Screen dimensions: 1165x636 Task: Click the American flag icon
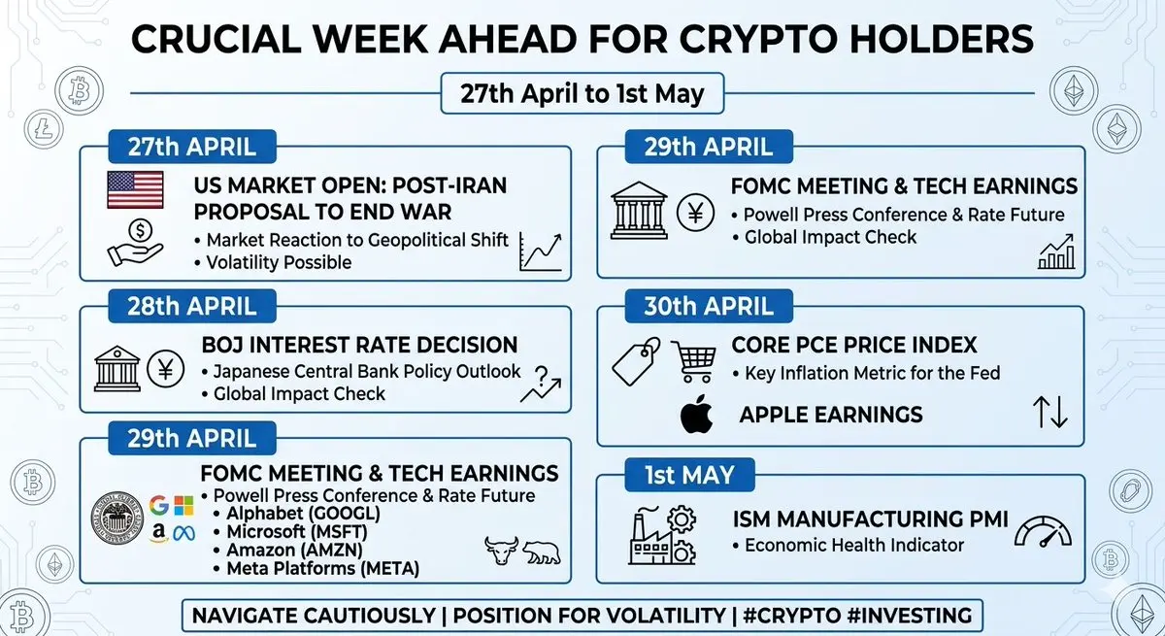pyautogui.click(x=135, y=189)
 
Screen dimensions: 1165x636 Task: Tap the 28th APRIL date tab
pyautogui.click(x=192, y=306)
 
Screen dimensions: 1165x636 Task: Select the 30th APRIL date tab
pyautogui.click(x=709, y=306)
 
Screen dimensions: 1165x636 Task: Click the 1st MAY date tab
pyautogui.click(x=689, y=475)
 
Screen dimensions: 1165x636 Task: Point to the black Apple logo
pyautogui.click(x=696, y=415)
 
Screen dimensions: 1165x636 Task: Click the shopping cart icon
pyautogui.click(x=694, y=361)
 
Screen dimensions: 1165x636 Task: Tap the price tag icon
pyautogui.click(x=636, y=361)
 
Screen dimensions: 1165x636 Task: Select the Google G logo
pyautogui.click(x=158, y=505)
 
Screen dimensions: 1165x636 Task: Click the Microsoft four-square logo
pyautogui.click(x=183, y=506)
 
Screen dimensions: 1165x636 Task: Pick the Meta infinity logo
pyautogui.click(x=183, y=533)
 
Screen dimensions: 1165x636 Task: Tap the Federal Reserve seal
pyautogui.click(x=117, y=518)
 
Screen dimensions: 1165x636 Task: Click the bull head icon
pyautogui.click(x=501, y=551)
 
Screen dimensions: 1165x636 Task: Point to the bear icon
pyautogui.click(x=542, y=552)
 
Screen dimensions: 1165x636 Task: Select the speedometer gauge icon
pyautogui.click(x=1043, y=531)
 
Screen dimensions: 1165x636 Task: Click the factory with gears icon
pyautogui.click(x=662, y=535)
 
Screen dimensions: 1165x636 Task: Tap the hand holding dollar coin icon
pyautogui.click(x=135, y=243)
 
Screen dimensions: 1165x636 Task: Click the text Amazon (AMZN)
pyautogui.click(x=294, y=551)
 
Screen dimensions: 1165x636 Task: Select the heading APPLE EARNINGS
pyautogui.click(x=831, y=415)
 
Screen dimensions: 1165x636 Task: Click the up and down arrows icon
pyautogui.click(x=1050, y=413)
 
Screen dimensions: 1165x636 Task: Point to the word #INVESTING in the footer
pyautogui.click(x=910, y=616)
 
